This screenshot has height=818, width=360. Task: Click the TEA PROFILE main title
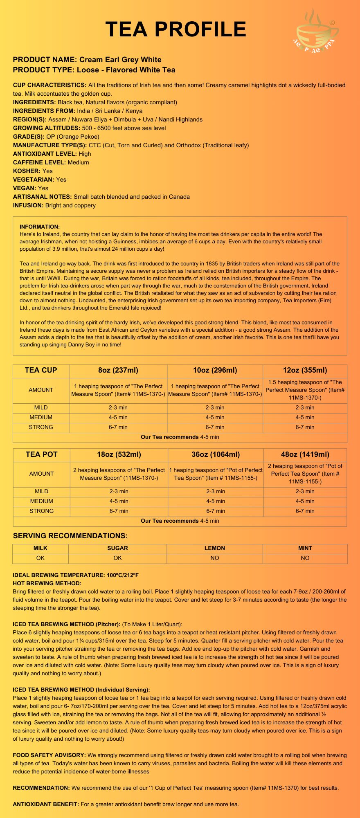(176, 29)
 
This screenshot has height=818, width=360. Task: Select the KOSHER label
(27, 171)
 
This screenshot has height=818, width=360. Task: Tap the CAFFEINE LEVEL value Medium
(78, 162)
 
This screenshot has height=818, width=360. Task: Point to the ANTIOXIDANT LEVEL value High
(85, 154)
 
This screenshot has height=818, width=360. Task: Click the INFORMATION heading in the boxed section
(40, 227)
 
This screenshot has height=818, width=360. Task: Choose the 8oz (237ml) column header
(118, 370)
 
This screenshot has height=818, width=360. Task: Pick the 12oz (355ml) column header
(305, 370)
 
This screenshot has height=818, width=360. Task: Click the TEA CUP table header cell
(41, 370)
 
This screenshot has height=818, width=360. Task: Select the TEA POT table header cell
(42, 454)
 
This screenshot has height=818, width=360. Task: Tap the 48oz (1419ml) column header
(305, 454)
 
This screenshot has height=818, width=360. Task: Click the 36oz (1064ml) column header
(216, 454)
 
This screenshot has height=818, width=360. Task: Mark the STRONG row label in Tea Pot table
(42, 511)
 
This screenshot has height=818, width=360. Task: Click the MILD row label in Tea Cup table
(41, 407)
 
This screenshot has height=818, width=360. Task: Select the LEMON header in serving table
(215, 548)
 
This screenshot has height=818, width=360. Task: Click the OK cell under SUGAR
(117, 558)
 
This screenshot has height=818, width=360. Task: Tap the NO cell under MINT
(305, 558)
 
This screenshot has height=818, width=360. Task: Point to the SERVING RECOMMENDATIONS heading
(70, 536)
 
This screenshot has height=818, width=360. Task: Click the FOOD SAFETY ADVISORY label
(49, 755)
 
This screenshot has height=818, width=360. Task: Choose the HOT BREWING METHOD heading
(47, 583)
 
